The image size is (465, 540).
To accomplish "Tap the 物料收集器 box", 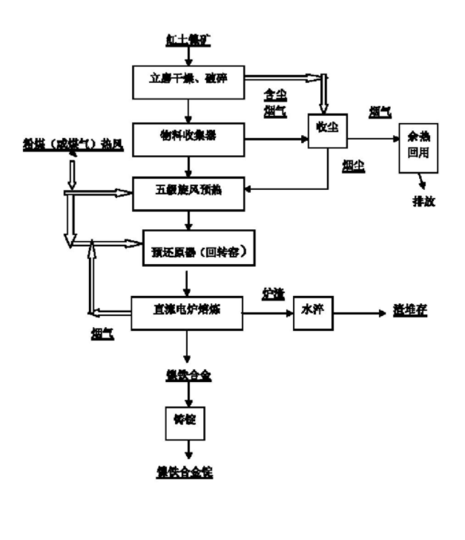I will [x=188, y=138].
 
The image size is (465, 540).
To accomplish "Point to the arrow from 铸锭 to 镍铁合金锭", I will [x=185, y=450].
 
